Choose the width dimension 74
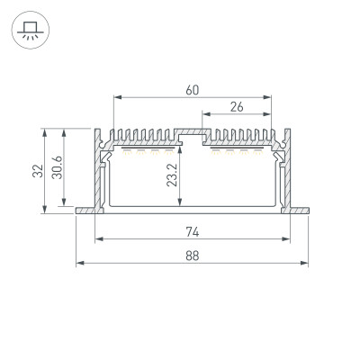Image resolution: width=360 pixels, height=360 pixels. coord(192,231)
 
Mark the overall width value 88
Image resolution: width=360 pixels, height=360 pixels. coord(192,255)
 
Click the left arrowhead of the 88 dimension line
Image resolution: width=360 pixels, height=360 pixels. coord(79,264)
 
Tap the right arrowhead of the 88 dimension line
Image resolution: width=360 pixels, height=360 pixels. coord(306,264)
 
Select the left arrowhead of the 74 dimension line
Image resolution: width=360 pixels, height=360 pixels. coord(98,240)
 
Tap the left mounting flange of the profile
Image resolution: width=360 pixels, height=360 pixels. coord(87,211)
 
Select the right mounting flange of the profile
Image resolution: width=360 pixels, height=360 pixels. coord(298,211)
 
